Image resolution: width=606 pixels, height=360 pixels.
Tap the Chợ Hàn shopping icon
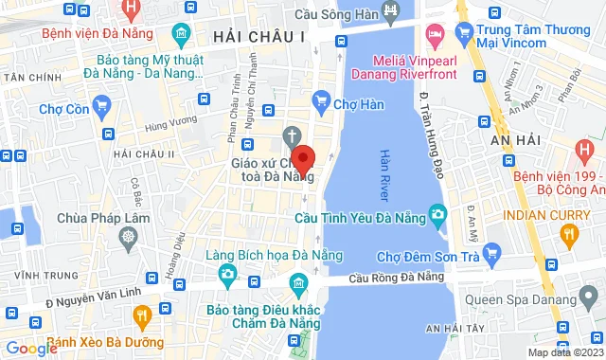tap(321, 99)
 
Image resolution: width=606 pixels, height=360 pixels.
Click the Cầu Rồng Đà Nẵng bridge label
tap(396, 278)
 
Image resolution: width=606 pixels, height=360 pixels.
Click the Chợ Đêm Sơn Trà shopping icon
tap(490, 252)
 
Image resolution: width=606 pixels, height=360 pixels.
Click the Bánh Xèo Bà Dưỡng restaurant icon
tap(142, 315)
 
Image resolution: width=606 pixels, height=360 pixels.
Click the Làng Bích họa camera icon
tap(226, 276)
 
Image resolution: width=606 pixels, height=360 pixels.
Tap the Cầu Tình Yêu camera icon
tap(437, 216)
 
